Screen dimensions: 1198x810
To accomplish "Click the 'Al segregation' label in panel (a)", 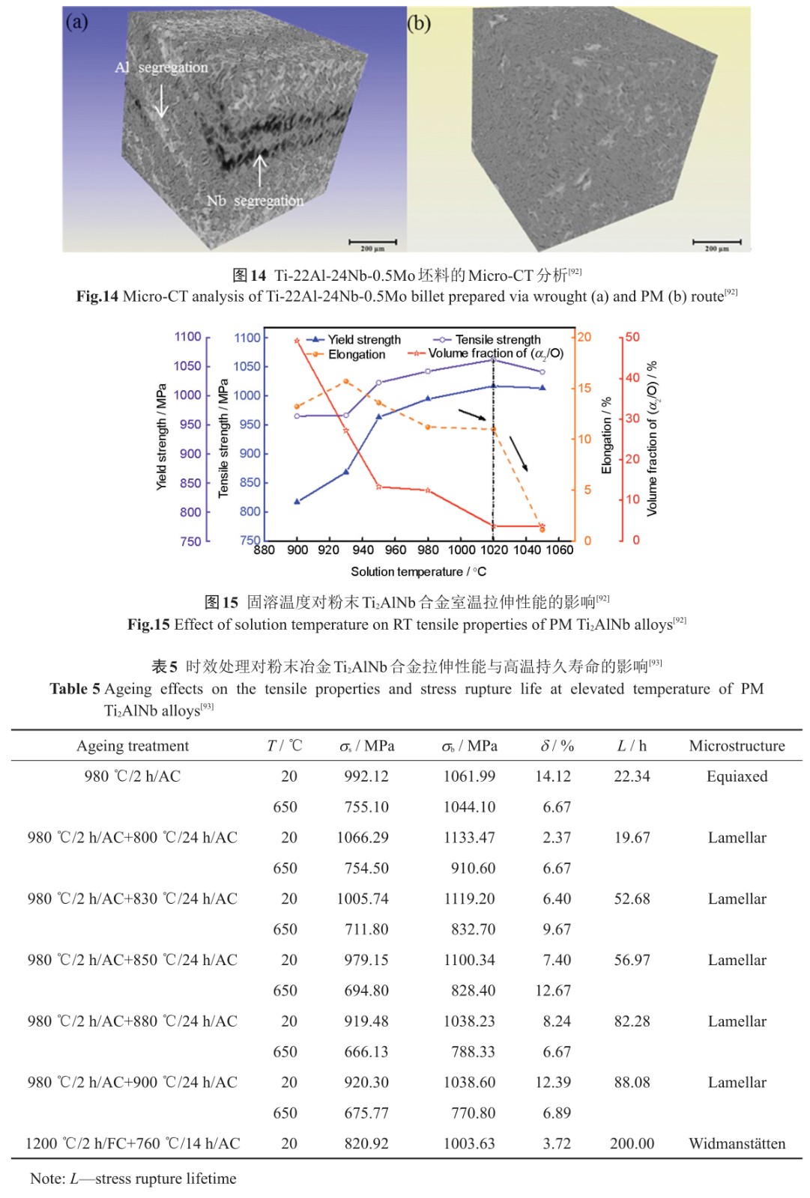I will (161, 67).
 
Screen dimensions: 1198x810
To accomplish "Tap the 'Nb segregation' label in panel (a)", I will (255, 201).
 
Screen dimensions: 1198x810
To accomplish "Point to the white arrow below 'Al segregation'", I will (160, 101).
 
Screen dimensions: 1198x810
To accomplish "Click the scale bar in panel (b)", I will (717, 242).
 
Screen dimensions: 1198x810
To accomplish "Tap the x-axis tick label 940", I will (363, 550).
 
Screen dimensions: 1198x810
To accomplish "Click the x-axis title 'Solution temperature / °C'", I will (418, 572).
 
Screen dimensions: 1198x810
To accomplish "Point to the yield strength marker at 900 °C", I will (297, 501).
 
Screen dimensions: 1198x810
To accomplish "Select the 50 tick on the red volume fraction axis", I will (632, 337).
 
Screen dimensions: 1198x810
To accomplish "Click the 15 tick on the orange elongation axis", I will (584, 388).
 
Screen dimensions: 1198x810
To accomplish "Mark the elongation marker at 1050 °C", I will (542, 529).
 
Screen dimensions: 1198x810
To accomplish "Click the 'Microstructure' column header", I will (737, 746).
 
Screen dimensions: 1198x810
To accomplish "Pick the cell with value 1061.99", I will (469, 776).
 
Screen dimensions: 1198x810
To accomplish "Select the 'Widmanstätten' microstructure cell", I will (737, 1143).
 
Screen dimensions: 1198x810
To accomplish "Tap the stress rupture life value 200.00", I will (632, 1143).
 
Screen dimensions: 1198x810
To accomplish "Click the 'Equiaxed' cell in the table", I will (737, 776).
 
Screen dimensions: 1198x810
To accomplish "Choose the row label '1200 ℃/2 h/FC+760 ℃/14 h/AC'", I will (133, 1143).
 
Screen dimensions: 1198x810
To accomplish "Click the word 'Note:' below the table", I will (47, 1179).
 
